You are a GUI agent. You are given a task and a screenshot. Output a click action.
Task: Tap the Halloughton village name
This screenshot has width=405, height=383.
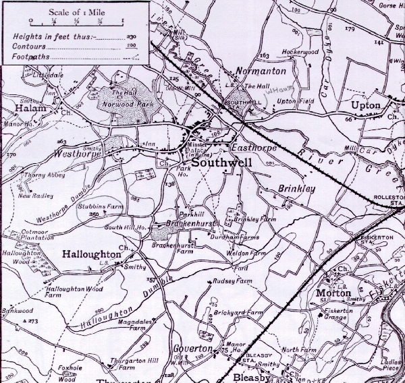click(91, 255)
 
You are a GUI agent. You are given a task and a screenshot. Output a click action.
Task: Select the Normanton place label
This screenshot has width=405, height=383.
click(261, 71)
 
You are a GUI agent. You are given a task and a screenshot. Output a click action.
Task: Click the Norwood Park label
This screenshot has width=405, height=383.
click(124, 105)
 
